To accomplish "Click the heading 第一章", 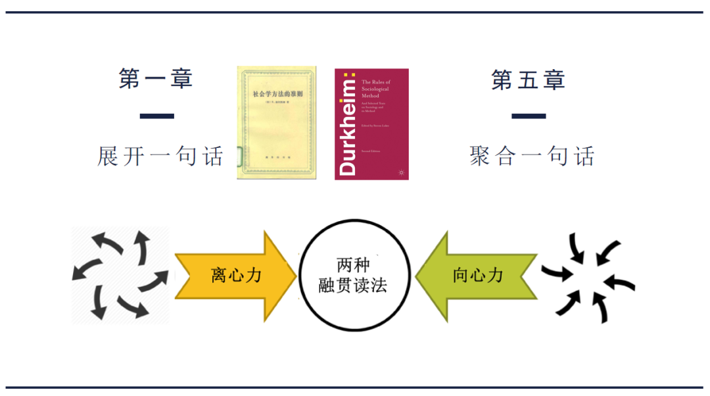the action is pyautogui.click(x=156, y=79).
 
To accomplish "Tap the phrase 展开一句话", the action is pyautogui.click(x=160, y=157).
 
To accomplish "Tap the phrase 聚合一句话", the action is pyautogui.click(x=532, y=157).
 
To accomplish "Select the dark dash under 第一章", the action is pyautogui.click(x=157, y=116).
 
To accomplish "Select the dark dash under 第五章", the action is pyautogui.click(x=529, y=116).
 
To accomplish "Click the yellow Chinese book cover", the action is pyautogui.click(x=276, y=122).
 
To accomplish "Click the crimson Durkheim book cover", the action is pyautogui.click(x=371, y=124).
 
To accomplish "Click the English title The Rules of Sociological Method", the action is pyautogui.click(x=375, y=89).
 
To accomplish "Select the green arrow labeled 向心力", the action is pyautogui.click(x=479, y=275).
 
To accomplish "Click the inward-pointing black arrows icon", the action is pyautogui.click(x=587, y=276).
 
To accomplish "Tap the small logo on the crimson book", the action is pyautogui.click(x=400, y=172).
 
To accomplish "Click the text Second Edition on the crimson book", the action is pyautogui.click(x=371, y=150).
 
